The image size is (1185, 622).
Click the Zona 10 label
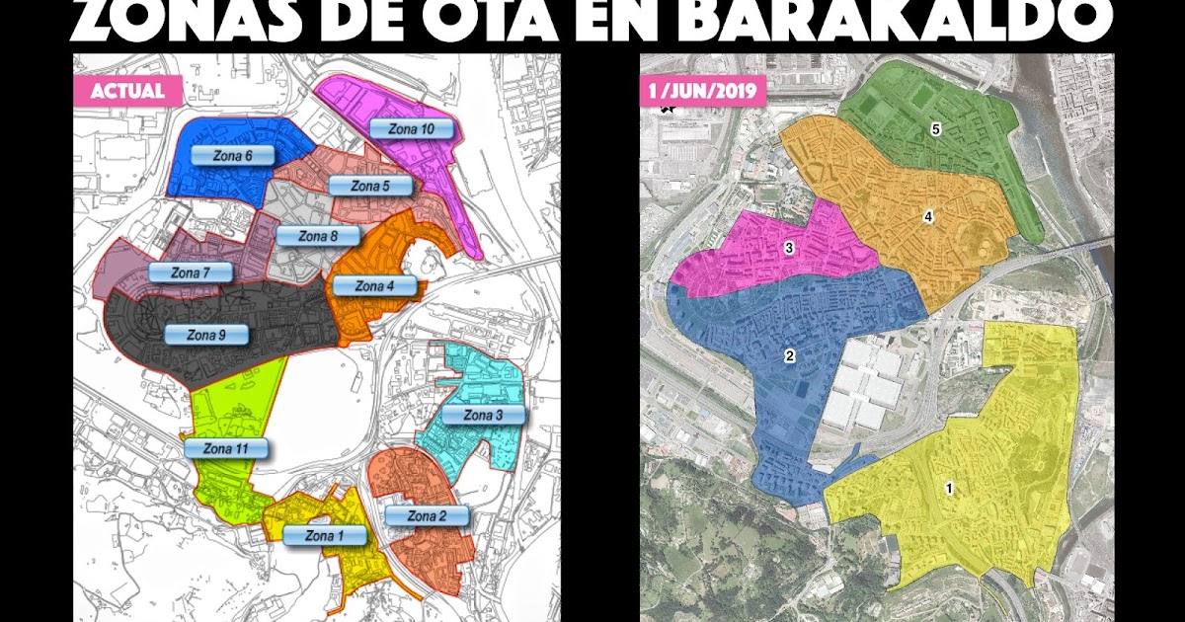pos(412,129)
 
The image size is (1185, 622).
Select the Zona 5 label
pos(370,186)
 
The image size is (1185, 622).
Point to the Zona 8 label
pos(318,236)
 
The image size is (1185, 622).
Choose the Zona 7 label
pos(191,272)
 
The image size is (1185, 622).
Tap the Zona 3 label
pos(484,416)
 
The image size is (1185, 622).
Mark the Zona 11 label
pos(225,448)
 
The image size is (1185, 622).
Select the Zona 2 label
pos(427,516)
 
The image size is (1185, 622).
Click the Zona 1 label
pos(325,536)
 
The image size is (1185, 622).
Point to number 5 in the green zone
pos(935,129)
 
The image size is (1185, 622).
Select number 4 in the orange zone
pos(928,216)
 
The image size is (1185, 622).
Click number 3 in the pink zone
pos(789,248)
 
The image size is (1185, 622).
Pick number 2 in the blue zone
pos(789,356)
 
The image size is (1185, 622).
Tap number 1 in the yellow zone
pos(949,488)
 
